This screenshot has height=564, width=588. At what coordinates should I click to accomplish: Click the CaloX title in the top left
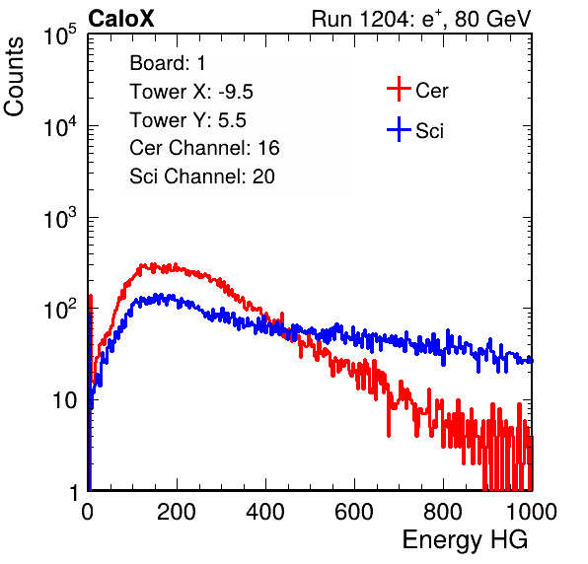[121, 19]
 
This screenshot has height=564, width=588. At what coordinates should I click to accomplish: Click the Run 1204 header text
[421, 19]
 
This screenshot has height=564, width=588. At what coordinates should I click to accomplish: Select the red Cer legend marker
[399, 89]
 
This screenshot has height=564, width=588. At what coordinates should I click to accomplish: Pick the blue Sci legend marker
[399, 129]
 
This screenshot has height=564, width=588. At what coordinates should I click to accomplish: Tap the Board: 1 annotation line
[168, 63]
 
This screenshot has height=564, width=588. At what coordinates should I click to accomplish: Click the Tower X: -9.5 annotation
[191, 92]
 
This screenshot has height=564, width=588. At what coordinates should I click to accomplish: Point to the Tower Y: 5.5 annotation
[187, 120]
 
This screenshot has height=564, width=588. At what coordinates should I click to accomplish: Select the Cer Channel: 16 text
[204, 148]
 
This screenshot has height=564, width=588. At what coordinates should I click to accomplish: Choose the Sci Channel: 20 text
[202, 176]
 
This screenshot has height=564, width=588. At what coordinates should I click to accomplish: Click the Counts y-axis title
[14, 77]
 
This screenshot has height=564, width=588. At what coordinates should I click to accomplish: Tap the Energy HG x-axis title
[465, 540]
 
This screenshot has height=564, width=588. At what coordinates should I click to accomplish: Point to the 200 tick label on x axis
[177, 512]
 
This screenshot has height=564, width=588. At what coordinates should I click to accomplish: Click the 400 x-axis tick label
[265, 512]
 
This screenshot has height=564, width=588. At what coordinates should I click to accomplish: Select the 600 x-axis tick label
[354, 512]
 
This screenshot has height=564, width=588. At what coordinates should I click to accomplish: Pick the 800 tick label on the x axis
[443, 512]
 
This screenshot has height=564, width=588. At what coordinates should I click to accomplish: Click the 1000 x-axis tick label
[532, 512]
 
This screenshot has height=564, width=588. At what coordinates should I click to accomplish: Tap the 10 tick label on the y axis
[65, 400]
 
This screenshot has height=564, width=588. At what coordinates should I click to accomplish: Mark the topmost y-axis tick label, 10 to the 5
[60, 35]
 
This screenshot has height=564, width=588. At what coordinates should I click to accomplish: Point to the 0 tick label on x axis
[87, 512]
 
